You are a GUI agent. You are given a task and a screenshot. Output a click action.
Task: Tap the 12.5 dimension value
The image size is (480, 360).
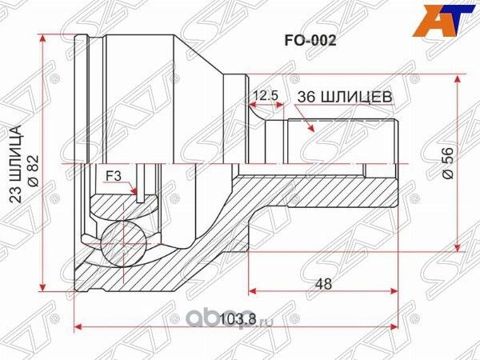pos(265,95)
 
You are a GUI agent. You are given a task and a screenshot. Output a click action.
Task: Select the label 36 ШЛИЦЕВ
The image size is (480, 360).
pos(344,96)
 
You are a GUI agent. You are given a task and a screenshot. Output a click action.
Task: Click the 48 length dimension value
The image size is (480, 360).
pos(323,282)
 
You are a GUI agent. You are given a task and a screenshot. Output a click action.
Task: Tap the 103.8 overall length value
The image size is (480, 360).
pos(236,320)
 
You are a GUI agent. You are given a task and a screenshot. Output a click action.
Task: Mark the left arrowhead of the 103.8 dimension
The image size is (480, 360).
pos(78,326)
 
